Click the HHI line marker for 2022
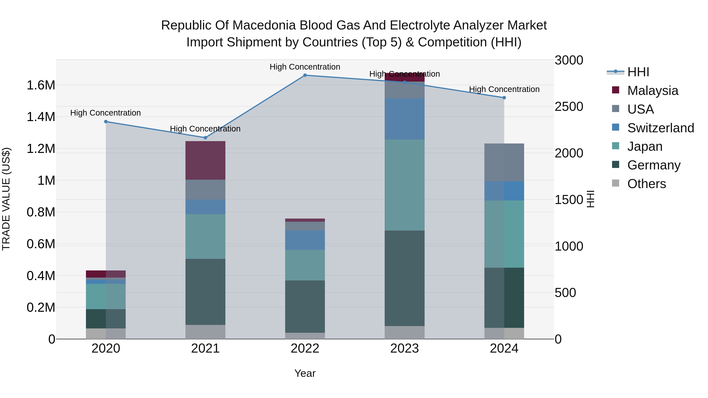tap(305, 75)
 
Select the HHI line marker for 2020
tap(106, 121)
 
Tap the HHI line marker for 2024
tap(504, 97)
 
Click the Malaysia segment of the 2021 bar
tap(205, 160)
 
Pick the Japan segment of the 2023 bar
tap(404, 185)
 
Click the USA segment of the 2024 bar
tap(504, 162)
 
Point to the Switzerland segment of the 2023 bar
tap(404, 119)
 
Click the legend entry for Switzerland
tap(660, 128)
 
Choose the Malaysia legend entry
tap(653, 91)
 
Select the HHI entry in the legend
tap(638, 72)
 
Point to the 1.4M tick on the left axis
tap(41, 117)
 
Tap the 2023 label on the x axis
tap(404, 348)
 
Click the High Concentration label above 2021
tap(205, 129)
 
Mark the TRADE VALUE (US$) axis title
tap(6, 199)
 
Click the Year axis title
tap(305, 373)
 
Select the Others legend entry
tap(646, 184)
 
